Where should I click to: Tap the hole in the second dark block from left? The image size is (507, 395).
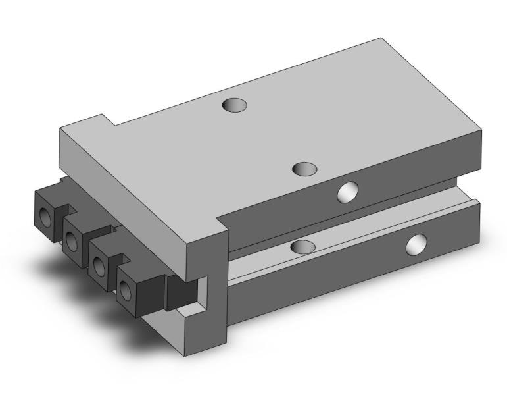[x=72, y=241]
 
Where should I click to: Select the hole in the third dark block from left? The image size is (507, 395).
[x=99, y=265]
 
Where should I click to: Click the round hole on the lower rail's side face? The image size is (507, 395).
[x=416, y=245]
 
